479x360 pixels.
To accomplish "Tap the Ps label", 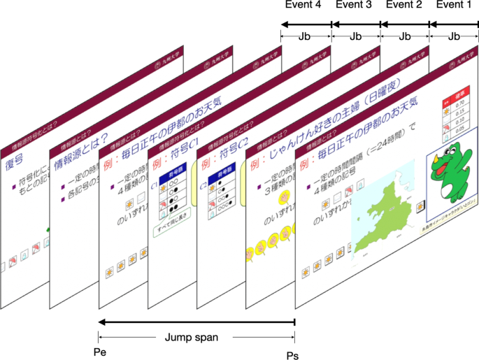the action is (292, 355).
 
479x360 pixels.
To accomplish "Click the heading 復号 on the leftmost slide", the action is (15, 164).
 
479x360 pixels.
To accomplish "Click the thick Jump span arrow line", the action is (196, 322).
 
